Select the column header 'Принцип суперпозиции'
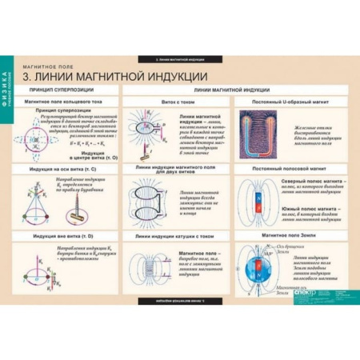[63, 91]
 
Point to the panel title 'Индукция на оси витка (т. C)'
[64, 167]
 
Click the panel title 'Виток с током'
[177, 103]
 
